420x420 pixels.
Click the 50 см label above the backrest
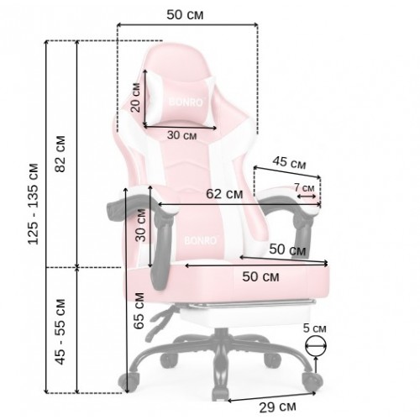(x=185, y=15)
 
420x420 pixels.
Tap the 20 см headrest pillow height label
(x=135, y=97)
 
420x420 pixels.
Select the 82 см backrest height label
(x=60, y=154)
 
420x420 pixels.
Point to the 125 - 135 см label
(x=33, y=203)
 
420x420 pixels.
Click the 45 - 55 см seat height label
(x=60, y=332)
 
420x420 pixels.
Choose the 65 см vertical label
(x=139, y=311)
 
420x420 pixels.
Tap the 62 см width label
(x=224, y=194)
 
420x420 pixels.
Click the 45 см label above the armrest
(x=289, y=163)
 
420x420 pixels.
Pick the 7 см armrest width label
(x=304, y=187)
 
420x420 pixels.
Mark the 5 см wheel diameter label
(x=315, y=328)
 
